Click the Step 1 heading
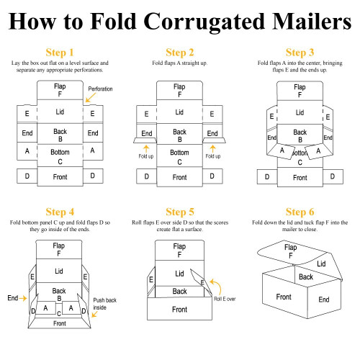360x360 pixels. (60, 53)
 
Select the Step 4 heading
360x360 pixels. (60, 212)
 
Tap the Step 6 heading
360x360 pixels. (300, 212)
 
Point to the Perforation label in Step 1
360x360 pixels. (100, 89)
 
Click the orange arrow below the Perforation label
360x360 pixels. (91, 97)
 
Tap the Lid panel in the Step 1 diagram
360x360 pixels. (60, 112)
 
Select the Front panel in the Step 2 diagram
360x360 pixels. (179, 177)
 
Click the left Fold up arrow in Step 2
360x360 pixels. (146, 148)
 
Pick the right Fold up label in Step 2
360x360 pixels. (213, 156)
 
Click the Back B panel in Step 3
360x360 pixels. (300, 135)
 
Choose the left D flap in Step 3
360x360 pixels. (267, 176)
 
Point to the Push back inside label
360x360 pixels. (104, 304)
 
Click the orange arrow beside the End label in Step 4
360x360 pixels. (23, 298)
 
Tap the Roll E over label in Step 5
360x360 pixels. (225, 299)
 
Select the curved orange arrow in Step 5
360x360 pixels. (217, 286)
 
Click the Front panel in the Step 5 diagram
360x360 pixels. (179, 309)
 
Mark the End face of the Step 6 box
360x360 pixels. (324, 299)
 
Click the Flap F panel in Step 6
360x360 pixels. (291, 251)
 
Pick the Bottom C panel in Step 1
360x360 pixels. (60, 156)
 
